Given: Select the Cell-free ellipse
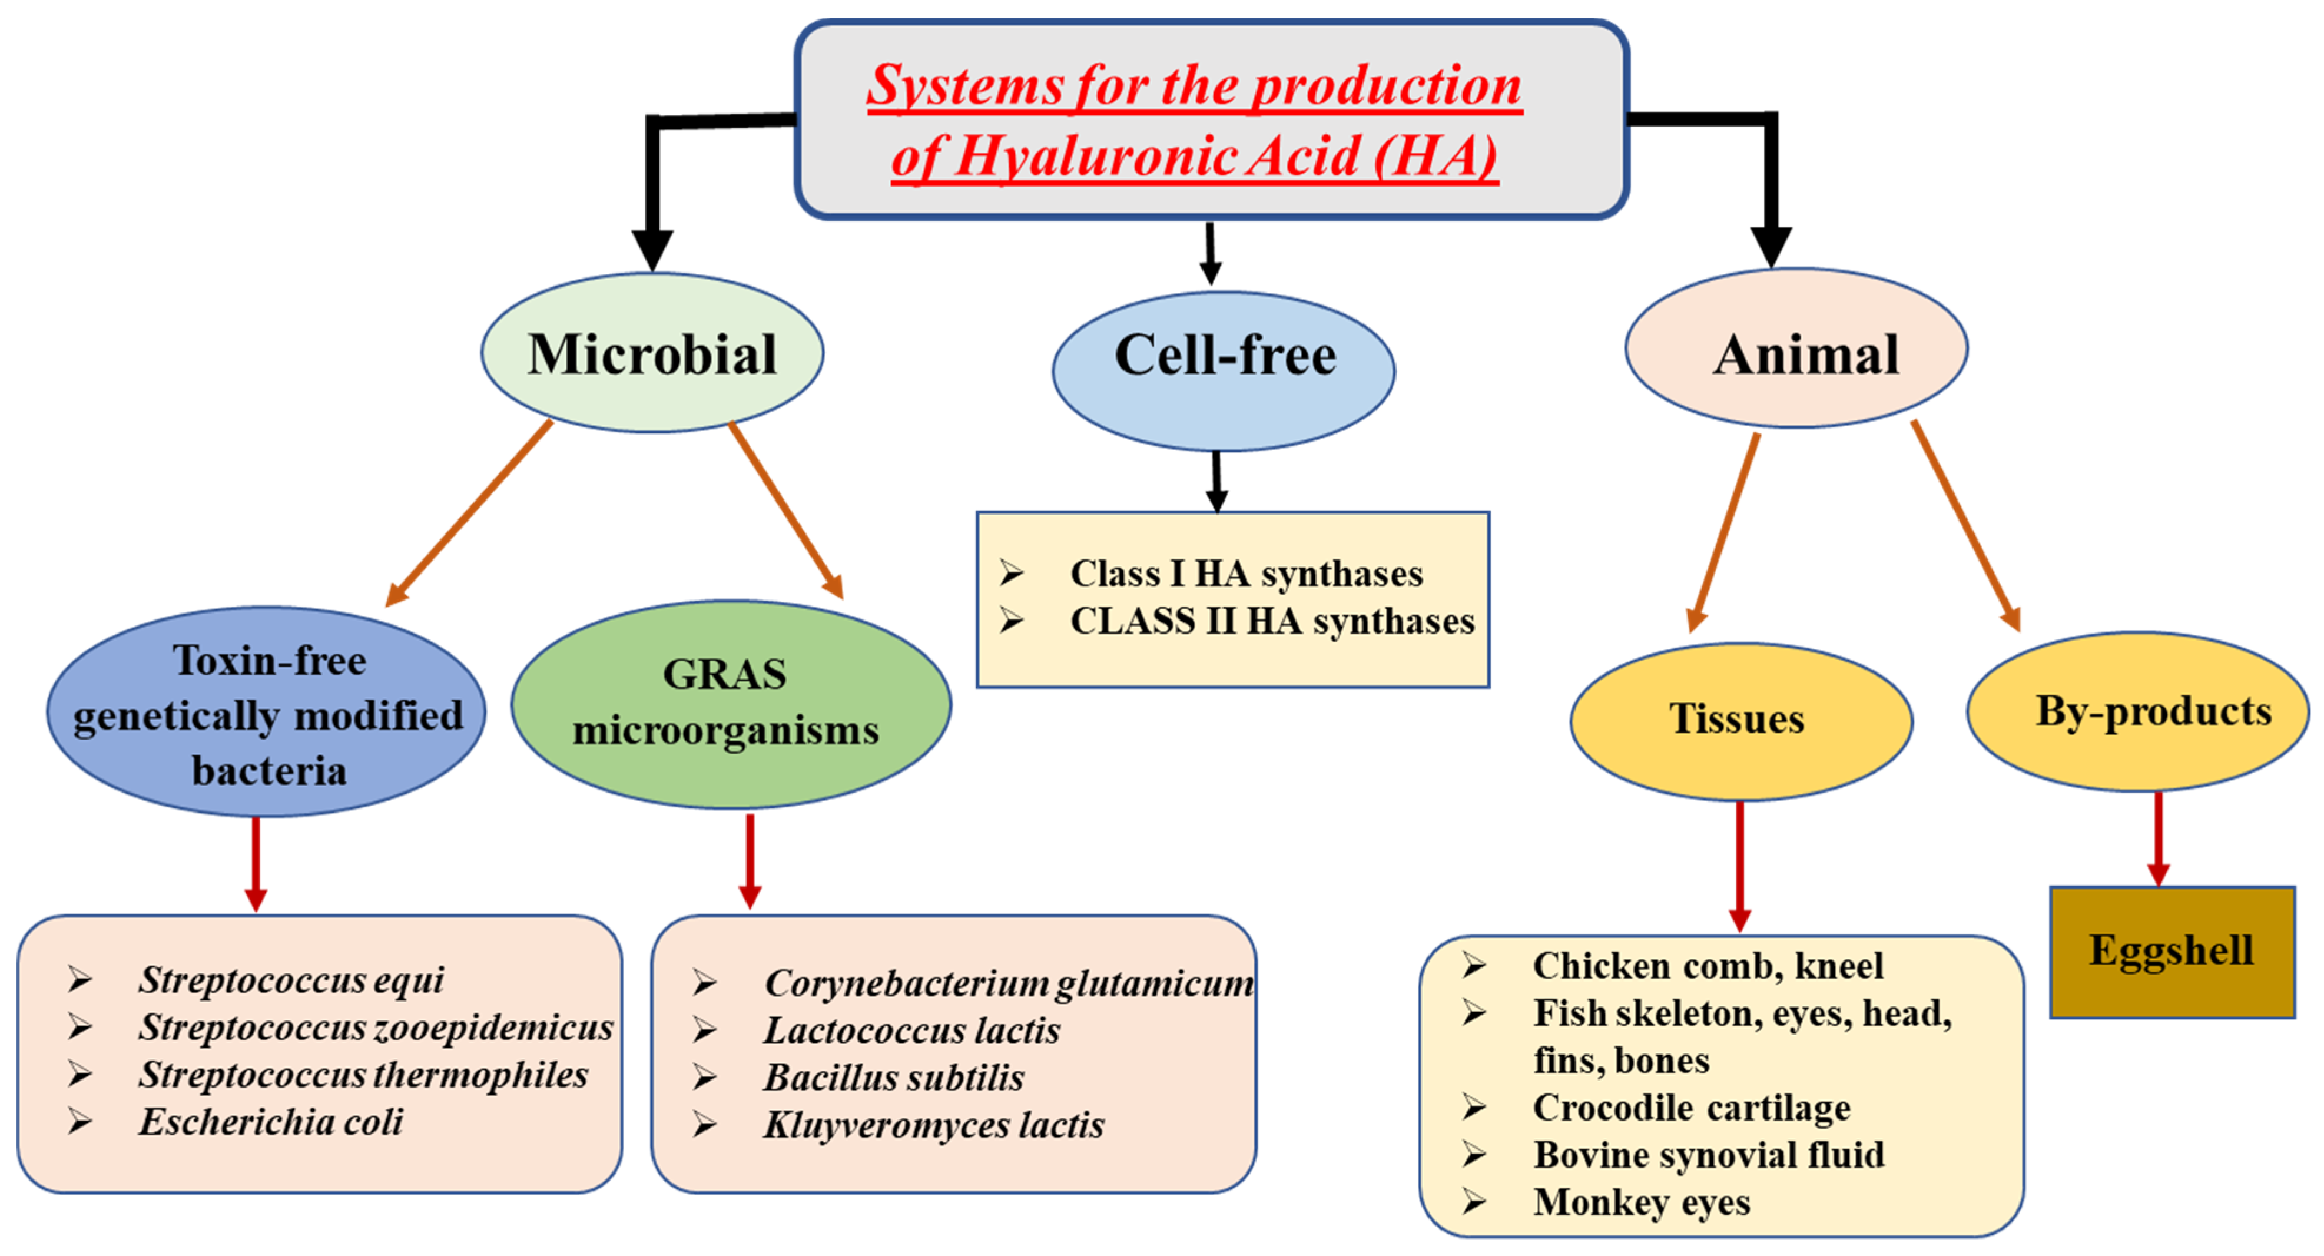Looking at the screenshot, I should [1224, 370].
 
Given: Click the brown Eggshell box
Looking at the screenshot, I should [2172, 952].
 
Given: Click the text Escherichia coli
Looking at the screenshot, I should [271, 1122].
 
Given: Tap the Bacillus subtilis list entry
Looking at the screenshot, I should [893, 1078].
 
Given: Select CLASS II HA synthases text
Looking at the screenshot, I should [1271, 622].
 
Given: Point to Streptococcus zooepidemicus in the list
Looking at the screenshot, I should [375, 1028].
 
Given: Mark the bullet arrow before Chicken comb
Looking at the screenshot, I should [1474, 966].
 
